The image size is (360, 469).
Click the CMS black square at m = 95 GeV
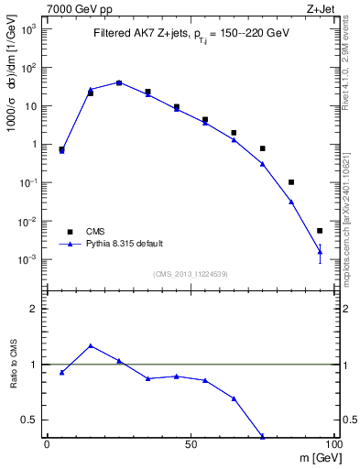pyautogui.click(x=320, y=231)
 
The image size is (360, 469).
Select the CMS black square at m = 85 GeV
pyautogui.click(x=291, y=182)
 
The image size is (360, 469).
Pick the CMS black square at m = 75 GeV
pyautogui.click(x=262, y=148)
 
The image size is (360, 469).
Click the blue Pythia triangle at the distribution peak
pyautogui.click(x=119, y=82)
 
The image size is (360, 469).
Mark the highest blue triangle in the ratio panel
pyautogui.click(x=91, y=345)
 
